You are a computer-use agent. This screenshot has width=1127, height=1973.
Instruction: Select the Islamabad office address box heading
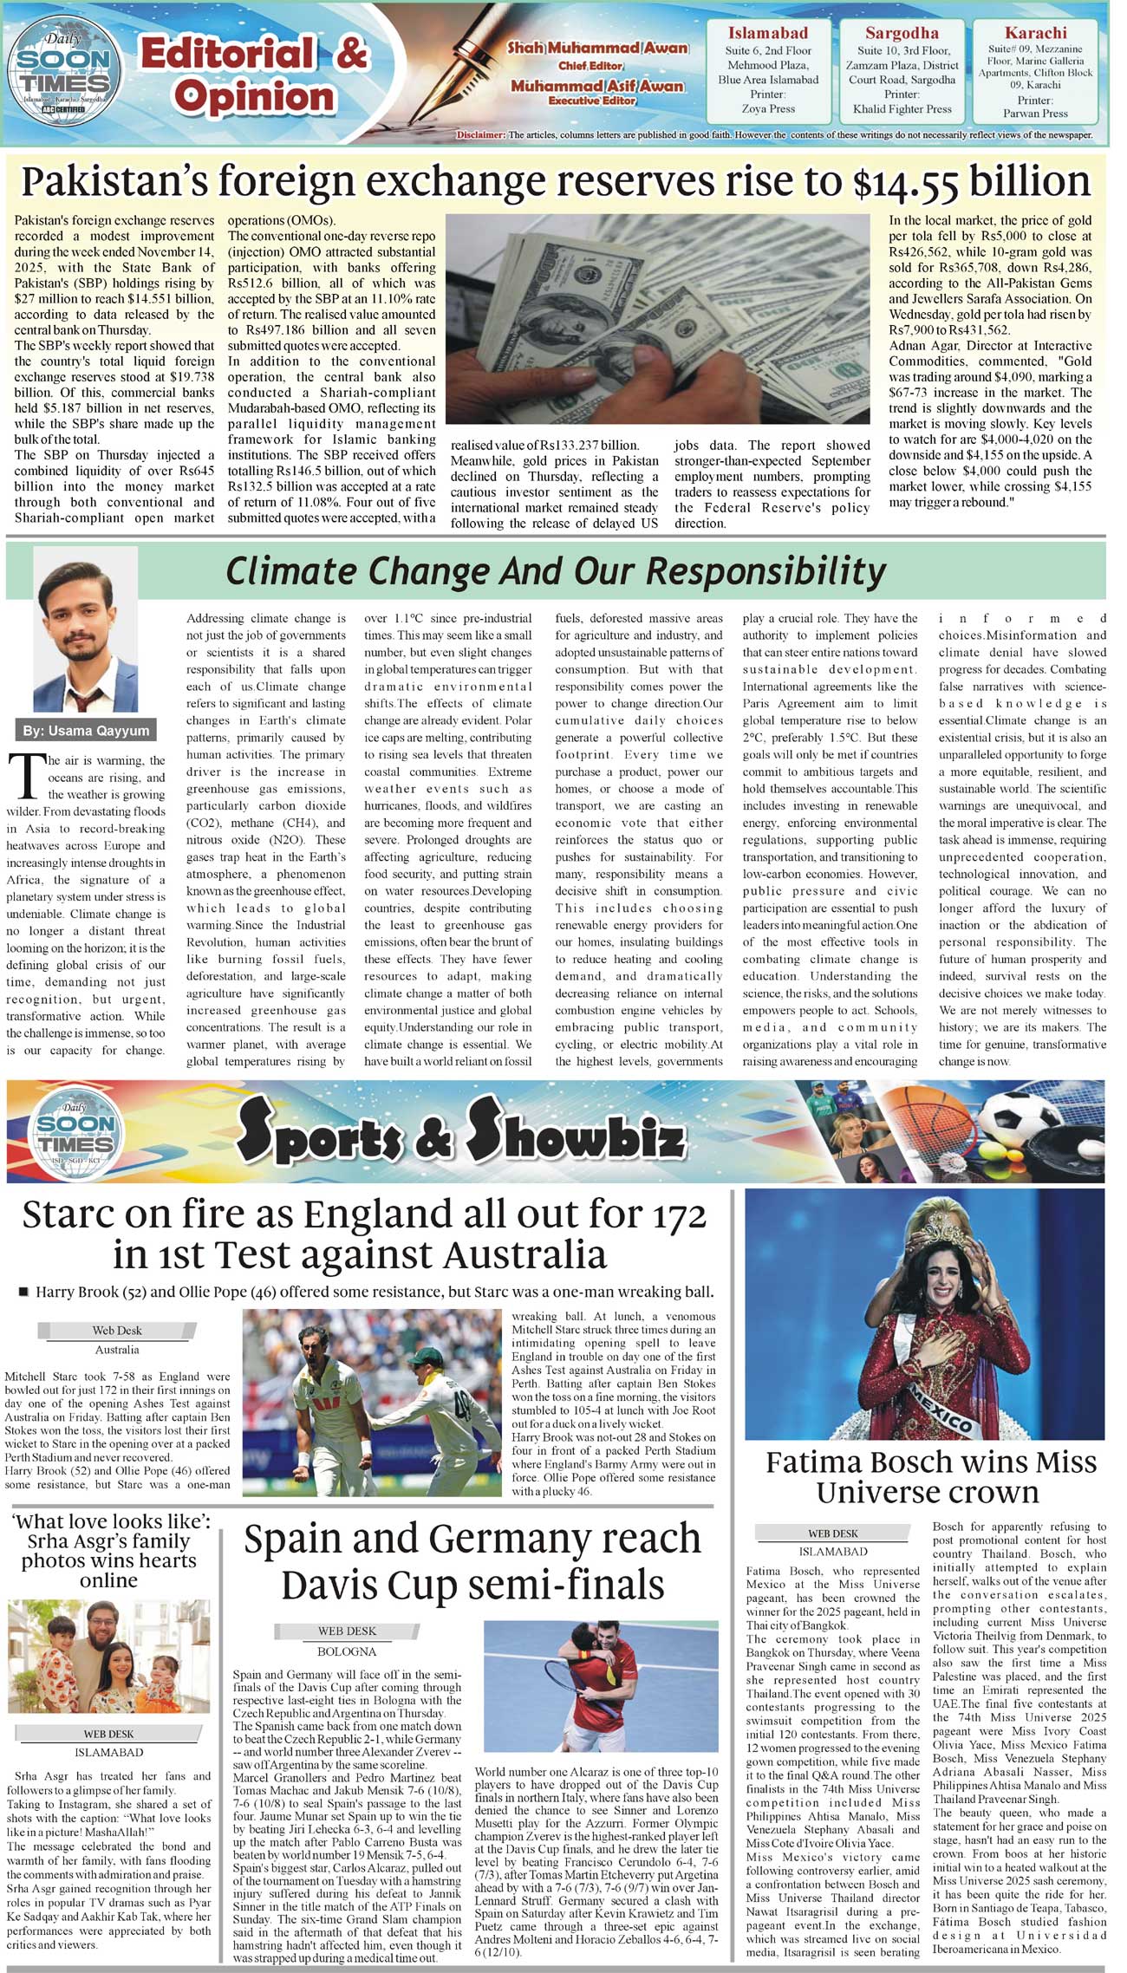tap(768, 34)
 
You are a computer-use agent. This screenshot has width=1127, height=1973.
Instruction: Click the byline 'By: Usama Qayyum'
tap(86, 730)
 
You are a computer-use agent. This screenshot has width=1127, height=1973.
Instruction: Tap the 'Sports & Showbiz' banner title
tap(460, 1132)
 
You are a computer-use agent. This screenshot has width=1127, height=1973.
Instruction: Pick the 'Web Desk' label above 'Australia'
tap(117, 1330)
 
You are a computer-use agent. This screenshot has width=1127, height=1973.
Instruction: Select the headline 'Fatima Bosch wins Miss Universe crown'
tap(931, 1476)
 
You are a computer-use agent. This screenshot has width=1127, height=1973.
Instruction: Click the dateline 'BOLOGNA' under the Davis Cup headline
tap(347, 1651)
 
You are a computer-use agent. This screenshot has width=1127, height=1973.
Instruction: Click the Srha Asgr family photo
tap(109, 1657)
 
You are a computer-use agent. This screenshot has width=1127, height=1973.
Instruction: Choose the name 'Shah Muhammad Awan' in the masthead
tap(597, 49)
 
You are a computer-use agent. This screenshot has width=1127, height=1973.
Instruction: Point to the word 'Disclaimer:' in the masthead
tap(480, 135)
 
